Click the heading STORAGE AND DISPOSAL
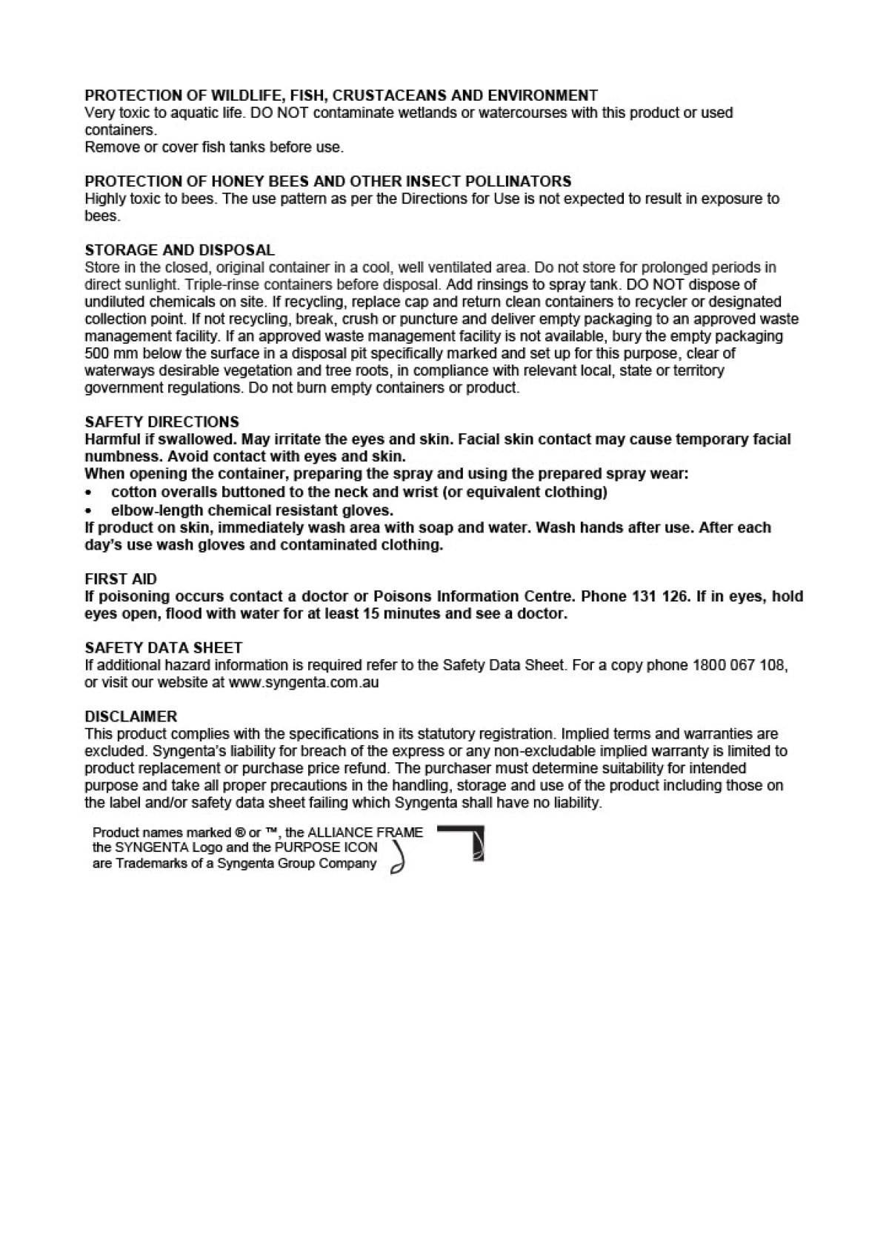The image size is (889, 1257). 179,250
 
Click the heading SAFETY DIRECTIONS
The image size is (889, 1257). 162,421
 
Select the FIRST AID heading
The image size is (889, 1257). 121,579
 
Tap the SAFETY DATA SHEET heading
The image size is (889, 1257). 164,647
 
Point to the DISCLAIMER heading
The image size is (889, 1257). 131,716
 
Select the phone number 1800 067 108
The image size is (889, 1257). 738,665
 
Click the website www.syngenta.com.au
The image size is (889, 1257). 304,682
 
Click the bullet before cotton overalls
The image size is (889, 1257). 89,493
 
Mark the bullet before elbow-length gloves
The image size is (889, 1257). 89,511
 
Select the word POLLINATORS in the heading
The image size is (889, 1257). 518,181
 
